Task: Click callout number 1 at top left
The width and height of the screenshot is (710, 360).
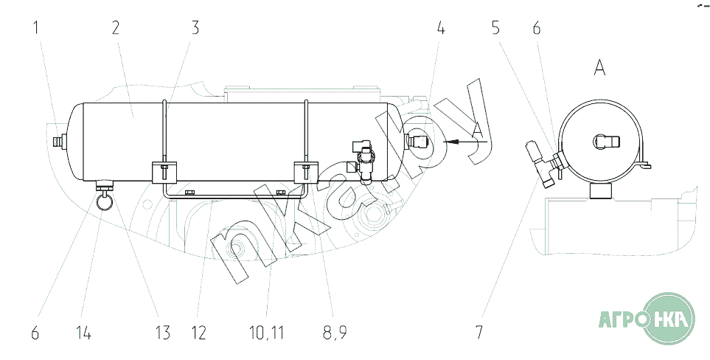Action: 36,28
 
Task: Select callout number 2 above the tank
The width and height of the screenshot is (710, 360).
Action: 116,28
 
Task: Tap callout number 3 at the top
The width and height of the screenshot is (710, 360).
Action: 195,28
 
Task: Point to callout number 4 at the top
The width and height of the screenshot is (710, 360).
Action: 441,28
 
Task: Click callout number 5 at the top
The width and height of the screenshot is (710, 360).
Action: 496,28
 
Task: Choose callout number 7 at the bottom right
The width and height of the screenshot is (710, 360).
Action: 479,333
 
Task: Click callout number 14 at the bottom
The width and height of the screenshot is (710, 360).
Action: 84,333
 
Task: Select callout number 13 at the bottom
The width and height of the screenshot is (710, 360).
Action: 162,333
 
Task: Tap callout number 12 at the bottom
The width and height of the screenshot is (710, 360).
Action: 198,333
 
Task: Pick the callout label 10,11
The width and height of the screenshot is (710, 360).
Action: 267,333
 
